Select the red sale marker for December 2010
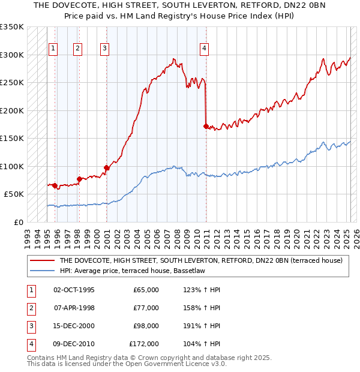[206, 126]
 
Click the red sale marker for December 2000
[106, 167]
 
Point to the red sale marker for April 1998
[79, 179]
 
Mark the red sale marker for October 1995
[55, 185]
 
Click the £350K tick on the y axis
[11, 27]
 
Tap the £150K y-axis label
[11, 139]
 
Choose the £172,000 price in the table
[144, 344]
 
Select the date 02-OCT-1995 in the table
[74, 290]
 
